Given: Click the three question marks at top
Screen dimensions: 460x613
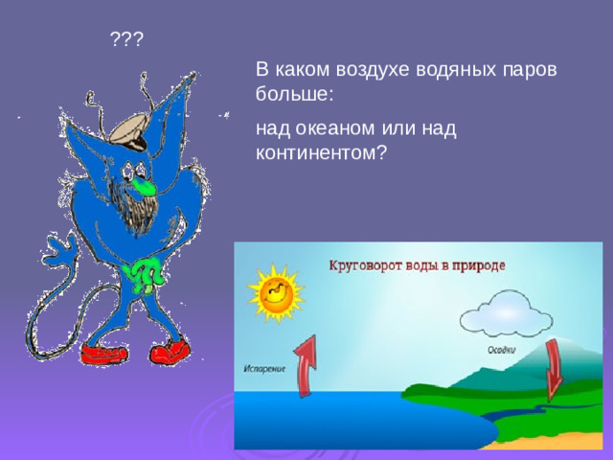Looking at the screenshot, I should click(x=126, y=39).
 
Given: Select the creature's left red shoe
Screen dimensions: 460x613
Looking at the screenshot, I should click(x=103, y=353).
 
